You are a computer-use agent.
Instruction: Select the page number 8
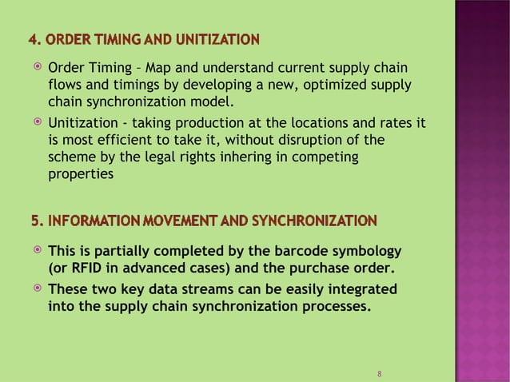coord(379,374)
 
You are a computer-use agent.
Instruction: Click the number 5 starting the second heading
coord(32,220)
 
